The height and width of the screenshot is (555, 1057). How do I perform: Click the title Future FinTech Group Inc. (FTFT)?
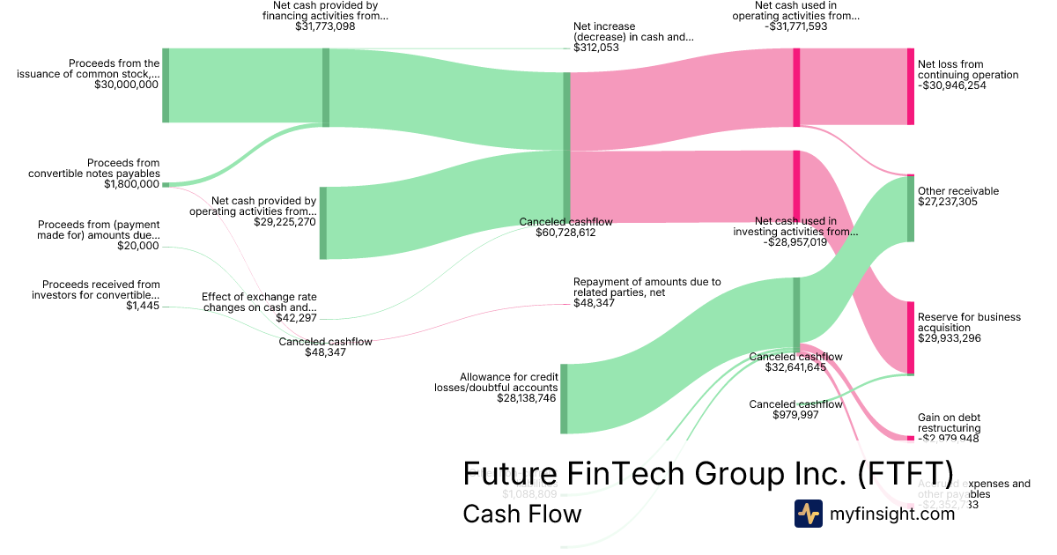(707, 473)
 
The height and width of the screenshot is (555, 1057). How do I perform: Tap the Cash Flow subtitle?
(521, 514)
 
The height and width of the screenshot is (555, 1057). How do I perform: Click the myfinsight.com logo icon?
(808, 514)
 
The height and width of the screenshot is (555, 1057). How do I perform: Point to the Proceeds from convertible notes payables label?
(94, 168)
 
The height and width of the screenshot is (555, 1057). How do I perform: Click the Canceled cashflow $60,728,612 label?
(565, 227)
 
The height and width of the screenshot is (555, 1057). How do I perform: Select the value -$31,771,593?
(795, 27)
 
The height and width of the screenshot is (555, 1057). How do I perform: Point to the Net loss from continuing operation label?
(968, 70)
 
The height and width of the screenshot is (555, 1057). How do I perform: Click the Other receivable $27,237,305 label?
(958, 196)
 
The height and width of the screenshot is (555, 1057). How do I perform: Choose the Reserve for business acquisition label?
(969, 322)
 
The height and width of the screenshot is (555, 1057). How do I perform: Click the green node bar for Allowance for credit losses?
(565, 398)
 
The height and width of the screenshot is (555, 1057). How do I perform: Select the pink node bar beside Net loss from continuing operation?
(911, 86)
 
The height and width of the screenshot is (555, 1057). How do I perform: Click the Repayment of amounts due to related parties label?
(647, 287)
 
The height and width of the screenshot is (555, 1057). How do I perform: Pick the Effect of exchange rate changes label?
(259, 302)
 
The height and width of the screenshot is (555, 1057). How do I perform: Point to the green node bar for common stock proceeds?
(166, 85)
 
